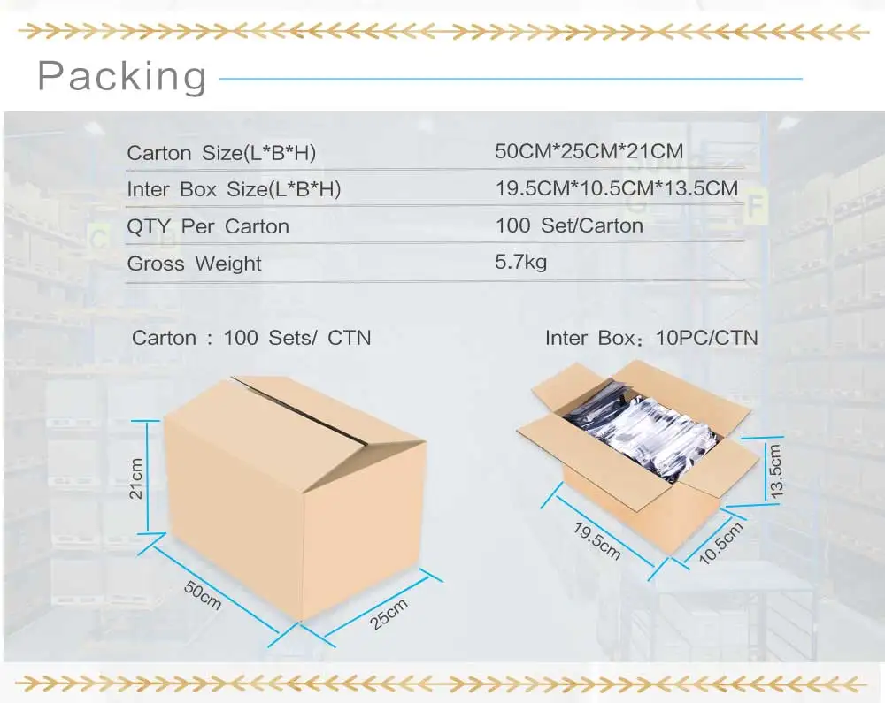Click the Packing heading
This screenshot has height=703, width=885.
pyautogui.click(x=122, y=77)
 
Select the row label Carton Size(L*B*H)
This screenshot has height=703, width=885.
pyautogui.click(x=221, y=153)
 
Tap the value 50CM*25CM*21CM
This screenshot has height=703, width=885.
pyautogui.click(x=589, y=151)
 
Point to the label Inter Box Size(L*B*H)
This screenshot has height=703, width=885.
pyautogui.click(x=234, y=189)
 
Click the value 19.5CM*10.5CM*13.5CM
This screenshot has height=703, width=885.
pyautogui.click(x=616, y=187)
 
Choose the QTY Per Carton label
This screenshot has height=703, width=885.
pyautogui.click(x=208, y=226)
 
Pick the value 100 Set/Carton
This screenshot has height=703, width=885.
pyautogui.click(x=569, y=225)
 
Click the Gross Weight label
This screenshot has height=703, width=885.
pyautogui.click(x=195, y=264)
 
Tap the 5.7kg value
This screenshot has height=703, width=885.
pyautogui.click(x=521, y=262)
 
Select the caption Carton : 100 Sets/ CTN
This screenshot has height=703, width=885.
pyautogui.click(x=251, y=338)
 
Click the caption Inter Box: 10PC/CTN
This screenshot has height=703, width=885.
pyautogui.click(x=651, y=338)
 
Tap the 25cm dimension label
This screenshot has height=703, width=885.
pyautogui.click(x=389, y=614)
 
